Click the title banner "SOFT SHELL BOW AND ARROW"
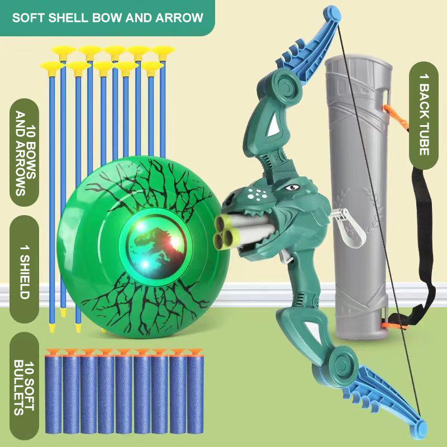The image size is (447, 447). coord(107,17)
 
